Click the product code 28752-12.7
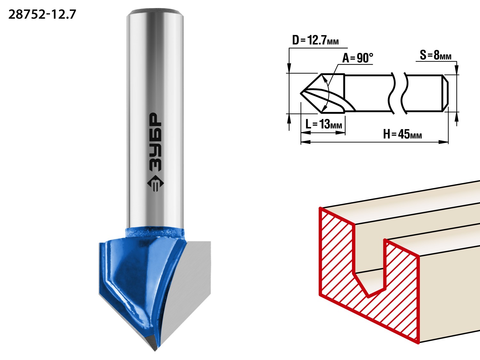click(x=42, y=15)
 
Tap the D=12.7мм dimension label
click(x=315, y=40)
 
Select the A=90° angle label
click(x=357, y=58)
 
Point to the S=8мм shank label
click(x=436, y=55)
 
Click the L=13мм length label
click(x=324, y=124)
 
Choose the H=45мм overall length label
click(x=402, y=134)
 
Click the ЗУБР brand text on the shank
click(x=156, y=142)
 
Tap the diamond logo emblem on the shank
click(x=156, y=184)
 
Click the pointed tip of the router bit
click(x=155, y=351)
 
